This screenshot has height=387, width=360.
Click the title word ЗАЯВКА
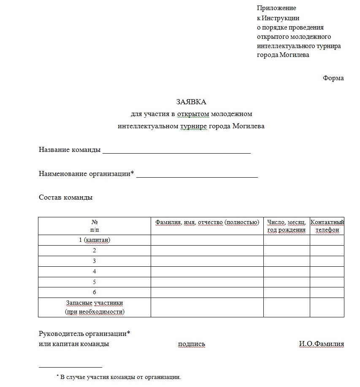pos(191,102)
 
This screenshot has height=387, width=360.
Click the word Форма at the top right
pos(333,78)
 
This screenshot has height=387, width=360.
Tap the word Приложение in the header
pos(276,8)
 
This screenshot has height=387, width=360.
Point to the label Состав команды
pos(65,198)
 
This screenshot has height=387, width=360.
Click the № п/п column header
pos(95,226)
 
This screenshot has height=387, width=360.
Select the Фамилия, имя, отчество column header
pos(207,222)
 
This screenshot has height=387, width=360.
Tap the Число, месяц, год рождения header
pos(287,226)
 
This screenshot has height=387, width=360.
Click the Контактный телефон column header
pos(327,226)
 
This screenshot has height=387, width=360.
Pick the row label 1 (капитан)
pos(95,240)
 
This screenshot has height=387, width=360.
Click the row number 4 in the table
pos(95,271)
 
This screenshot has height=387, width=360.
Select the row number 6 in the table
pos(95,292)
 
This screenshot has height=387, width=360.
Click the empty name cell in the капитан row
pos(207,240)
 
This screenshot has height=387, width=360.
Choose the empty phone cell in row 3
pos(327,261)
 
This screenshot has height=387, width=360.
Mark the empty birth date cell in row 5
pos(287,282)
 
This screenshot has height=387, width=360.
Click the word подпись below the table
pos(192,344)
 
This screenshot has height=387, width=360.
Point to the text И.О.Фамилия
pos(321,344)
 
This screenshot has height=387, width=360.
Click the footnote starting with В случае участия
pos(120,377)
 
